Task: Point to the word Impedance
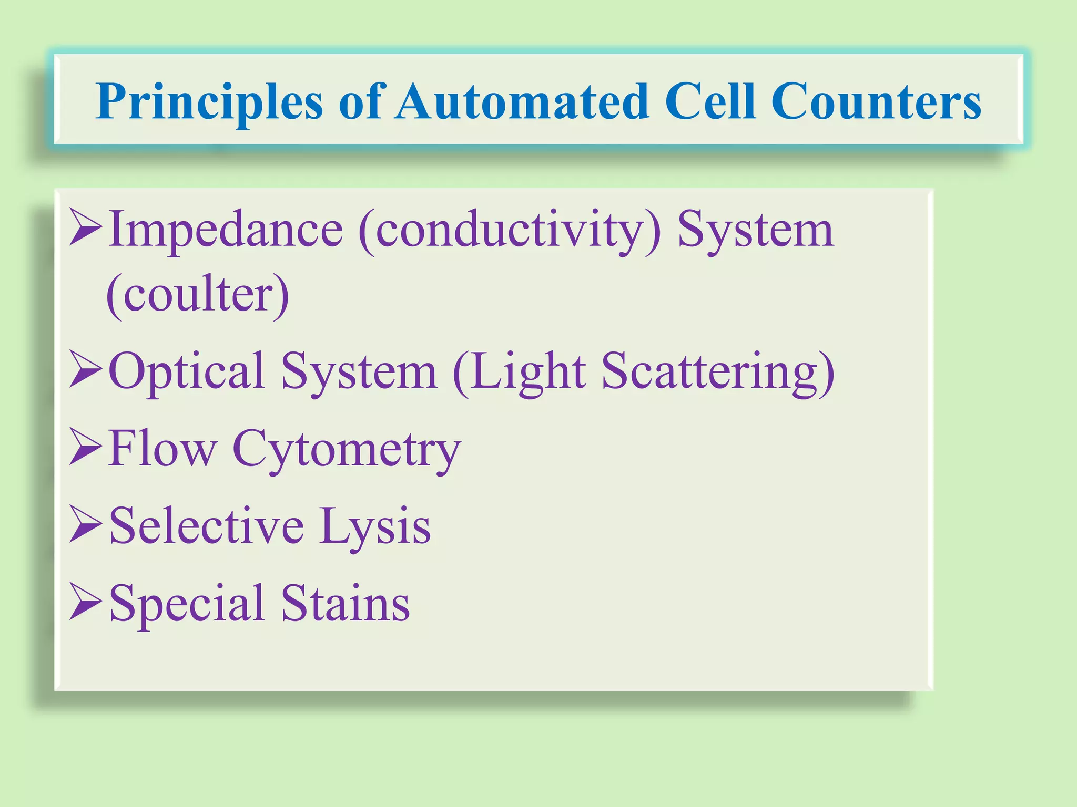point(226,230)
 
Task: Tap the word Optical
point(186,372)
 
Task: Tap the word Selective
point(207,525)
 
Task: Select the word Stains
point(345,603)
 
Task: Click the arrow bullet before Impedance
point(85,227)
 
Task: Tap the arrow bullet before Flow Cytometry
point(85,447)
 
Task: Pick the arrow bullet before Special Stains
point(85,602)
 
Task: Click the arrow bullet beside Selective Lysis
point(85,524)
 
